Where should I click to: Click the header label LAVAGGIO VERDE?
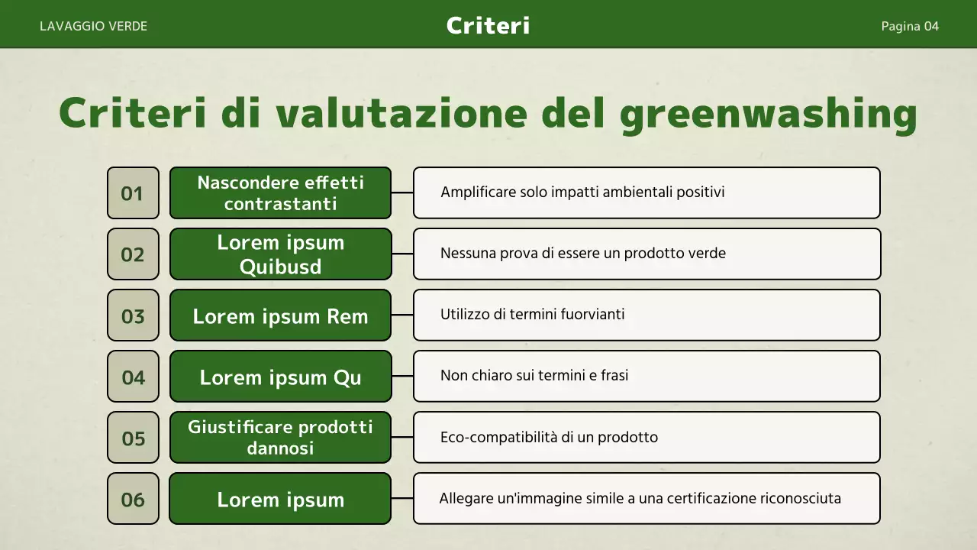(93, 26)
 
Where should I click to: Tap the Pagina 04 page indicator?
(910, 26)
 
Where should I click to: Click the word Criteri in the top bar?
(488, 25)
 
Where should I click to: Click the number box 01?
(133, 193)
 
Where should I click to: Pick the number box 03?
(133, 315)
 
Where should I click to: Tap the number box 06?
(133, 500)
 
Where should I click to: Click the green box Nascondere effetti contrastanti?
(280, 193)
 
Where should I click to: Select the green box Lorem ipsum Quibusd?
(280, 254)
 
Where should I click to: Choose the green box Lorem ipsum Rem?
(280, 315)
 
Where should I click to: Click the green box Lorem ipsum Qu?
(280, 377)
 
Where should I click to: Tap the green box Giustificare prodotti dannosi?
(280, 438)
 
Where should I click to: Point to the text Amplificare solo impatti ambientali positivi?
(582, 192)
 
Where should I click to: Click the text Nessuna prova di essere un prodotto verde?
(583, 253)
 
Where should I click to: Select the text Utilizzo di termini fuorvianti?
(533, 314)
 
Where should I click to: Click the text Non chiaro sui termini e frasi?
(534, 375)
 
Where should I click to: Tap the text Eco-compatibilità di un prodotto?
(549, 438)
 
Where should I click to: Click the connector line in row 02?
(402, 254)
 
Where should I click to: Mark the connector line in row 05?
(402, 438)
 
